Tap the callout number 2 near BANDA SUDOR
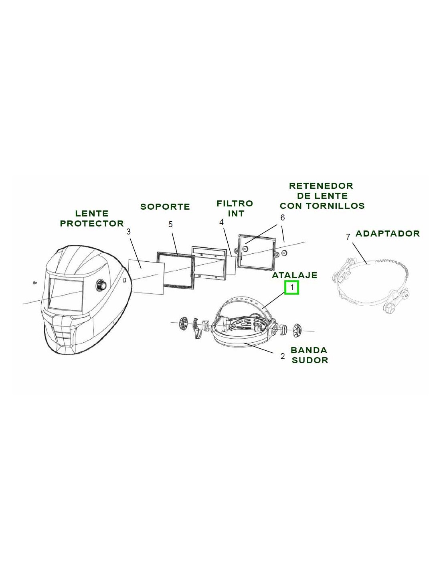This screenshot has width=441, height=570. (282, 356)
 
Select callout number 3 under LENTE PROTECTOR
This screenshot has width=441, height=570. (128, 232)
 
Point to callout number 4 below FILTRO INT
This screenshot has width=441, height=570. (221, 222)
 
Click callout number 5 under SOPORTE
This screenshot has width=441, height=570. (170, 224)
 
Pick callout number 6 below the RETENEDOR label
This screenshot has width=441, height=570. (282, 217)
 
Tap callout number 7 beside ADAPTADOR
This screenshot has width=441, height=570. (348, 237)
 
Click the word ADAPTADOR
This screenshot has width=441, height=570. (388, 233)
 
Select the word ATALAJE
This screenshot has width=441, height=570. (295, 275)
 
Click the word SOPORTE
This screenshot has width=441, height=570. (165, 206)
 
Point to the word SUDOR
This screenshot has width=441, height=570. (310, 360)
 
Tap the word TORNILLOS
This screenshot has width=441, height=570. (336, 206)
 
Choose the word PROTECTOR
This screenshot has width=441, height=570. (92, 223)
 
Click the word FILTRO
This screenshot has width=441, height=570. (235, 203)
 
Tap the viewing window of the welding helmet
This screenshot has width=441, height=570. (66, 294)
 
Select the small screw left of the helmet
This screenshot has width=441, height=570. (34, 283)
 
